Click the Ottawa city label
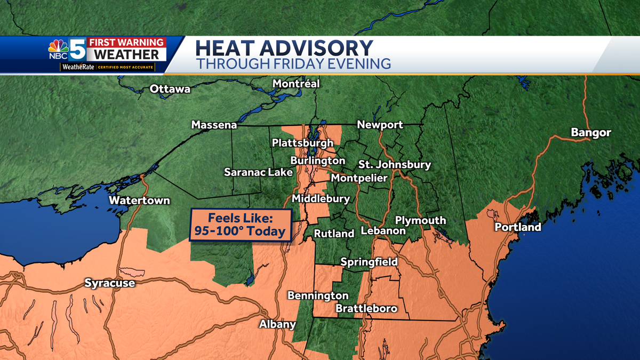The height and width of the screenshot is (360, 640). click(x=170, y=89)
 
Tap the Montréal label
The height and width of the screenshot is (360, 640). click(x=296, y=84)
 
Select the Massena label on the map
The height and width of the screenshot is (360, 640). click(x=214, y=125)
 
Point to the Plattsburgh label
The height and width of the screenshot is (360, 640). click(x=302, y=143)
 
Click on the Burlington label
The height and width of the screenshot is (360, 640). click(x=317, y=161)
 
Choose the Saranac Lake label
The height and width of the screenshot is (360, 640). click(x=258, y=172)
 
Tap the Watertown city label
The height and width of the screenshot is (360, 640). click(x=139, y=201)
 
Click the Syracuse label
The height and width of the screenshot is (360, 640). click(x=110, y=283)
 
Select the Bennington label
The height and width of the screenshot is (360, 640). click(x=318, y=295)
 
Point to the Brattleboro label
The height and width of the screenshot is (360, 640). click(x=366, y=309)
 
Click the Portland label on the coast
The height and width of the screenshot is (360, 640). click(x=517, y=227)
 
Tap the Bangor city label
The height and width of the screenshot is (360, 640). click(x=590, y=133)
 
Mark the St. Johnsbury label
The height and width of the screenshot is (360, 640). click(x=394, y=165)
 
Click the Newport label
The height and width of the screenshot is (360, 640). click(x=380, y=125)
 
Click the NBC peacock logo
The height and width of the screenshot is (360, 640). click(x=58, y=49)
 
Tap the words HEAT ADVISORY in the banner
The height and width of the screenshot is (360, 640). click(x=284, y=48)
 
